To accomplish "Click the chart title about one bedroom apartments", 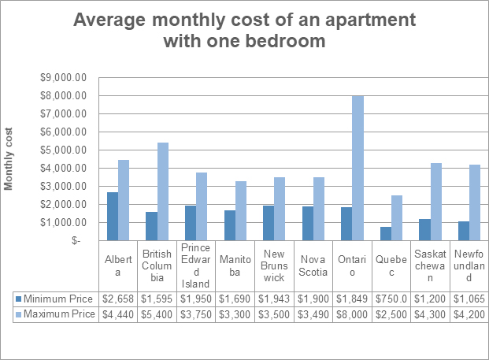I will [x=244, y=30].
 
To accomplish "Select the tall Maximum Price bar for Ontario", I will [x=358, y=169].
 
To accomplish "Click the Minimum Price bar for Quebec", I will [x=385, y=234].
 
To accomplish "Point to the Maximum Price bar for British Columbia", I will [x=163, y=191].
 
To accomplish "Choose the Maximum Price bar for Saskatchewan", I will [x=435, y=202].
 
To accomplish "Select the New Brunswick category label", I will [x=273, y=265].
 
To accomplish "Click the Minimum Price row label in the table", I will [x=58, y=299].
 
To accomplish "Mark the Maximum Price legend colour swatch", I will [x=18, y=315].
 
